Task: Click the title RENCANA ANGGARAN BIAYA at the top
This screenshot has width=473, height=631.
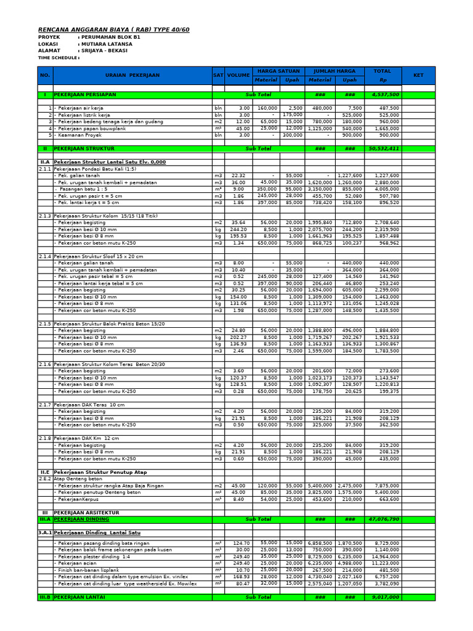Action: pos(114,29)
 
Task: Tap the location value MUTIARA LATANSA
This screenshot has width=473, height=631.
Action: pos(107,44)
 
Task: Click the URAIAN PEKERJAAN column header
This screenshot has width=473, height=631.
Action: pos(132,75)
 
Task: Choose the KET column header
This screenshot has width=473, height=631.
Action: pos(418,75)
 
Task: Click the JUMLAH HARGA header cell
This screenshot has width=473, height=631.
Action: pos(334,71)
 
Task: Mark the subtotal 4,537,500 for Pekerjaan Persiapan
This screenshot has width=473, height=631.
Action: pos(386,95)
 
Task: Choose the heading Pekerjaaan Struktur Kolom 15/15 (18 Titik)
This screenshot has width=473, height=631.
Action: pos(106,216)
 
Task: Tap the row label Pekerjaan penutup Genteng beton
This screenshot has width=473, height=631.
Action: pos(99,492)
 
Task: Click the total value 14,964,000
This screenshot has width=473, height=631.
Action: pos(386,556)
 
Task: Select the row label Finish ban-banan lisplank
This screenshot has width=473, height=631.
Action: pos(91,570)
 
